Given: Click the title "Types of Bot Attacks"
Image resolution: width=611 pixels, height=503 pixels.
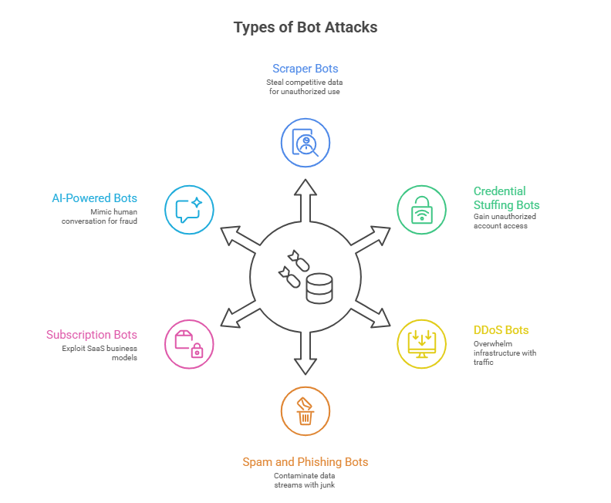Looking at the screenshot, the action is pos(305,27).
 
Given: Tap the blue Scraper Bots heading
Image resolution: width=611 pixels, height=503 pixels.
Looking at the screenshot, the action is pos(305,69).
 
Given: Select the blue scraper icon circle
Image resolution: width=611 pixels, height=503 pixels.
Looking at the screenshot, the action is pos(305,142).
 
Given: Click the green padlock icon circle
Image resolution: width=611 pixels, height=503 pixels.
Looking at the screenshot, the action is pos(421,209).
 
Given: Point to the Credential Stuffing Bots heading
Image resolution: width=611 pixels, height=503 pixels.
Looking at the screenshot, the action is pos(506,197).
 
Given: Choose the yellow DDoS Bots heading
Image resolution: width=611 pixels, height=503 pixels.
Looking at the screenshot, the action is pos(501,330).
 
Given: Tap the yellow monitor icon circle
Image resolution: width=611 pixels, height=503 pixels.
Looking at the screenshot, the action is pos(421,343).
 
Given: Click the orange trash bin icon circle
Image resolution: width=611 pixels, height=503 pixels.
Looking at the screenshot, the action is pos(305,410).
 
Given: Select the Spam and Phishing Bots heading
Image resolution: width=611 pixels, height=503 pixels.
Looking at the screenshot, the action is pos(305,462).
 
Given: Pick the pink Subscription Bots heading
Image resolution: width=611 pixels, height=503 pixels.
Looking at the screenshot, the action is pos(92,335).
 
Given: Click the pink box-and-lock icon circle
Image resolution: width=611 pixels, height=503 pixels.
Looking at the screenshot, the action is pos(189,343).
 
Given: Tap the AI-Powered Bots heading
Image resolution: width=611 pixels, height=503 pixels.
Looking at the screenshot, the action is pos(95,198).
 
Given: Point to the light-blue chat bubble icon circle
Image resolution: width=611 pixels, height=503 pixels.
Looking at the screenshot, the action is pos(189,209).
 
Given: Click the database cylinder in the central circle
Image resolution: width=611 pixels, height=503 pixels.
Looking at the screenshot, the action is pos(319,289).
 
